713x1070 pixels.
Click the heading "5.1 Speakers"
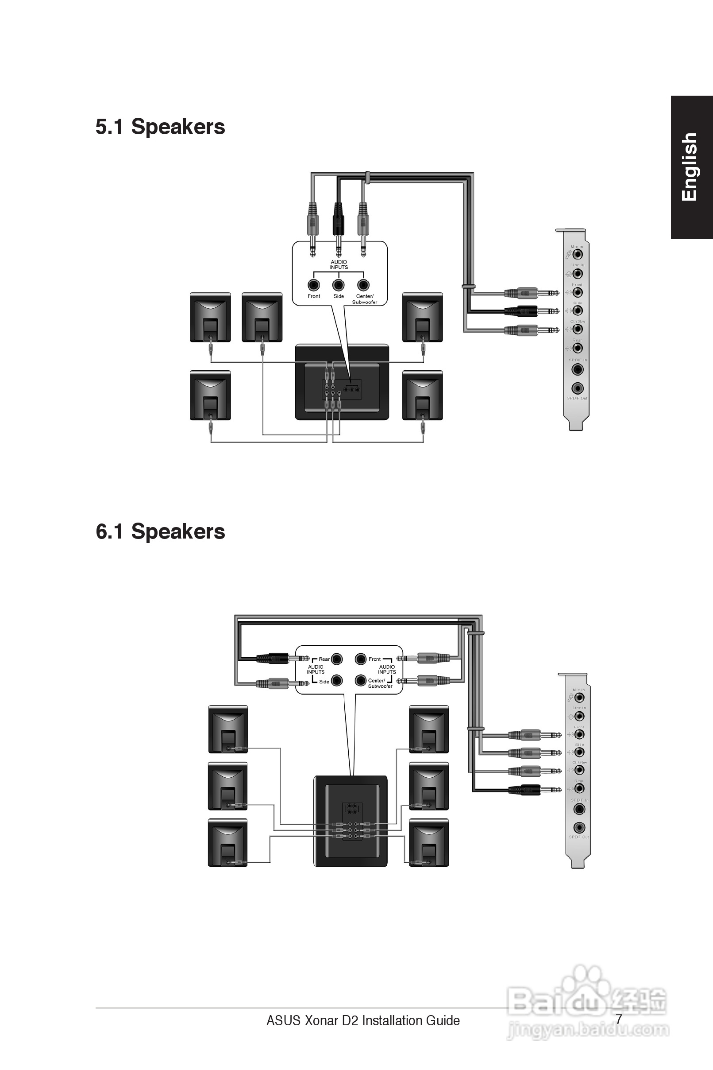(160, 127)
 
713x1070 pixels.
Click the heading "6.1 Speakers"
(160, 531)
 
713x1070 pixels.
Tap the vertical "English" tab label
(690, 167)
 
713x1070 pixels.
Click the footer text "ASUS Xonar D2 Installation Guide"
(363, 1021)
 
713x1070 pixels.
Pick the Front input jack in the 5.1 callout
(313, 285)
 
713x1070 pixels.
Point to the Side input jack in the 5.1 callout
(338, 285)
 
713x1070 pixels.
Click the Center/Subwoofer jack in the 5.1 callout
(363, 285)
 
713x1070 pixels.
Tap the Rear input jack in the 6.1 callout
(337, 658)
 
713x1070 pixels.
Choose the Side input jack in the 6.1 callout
(337, 680)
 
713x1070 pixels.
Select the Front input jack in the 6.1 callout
(361, 658)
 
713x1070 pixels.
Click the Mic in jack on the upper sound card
(578, 254)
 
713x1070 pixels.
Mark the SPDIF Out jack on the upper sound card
(578, 388)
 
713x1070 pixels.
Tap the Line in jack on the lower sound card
(579, 716)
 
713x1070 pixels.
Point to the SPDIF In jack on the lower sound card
(579, 809)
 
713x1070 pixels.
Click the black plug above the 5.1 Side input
(338, 218)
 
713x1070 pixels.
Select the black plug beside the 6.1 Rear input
(273, 658)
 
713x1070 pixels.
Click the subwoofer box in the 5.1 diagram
(342, 382)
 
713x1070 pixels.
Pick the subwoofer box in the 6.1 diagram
(351, 822)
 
